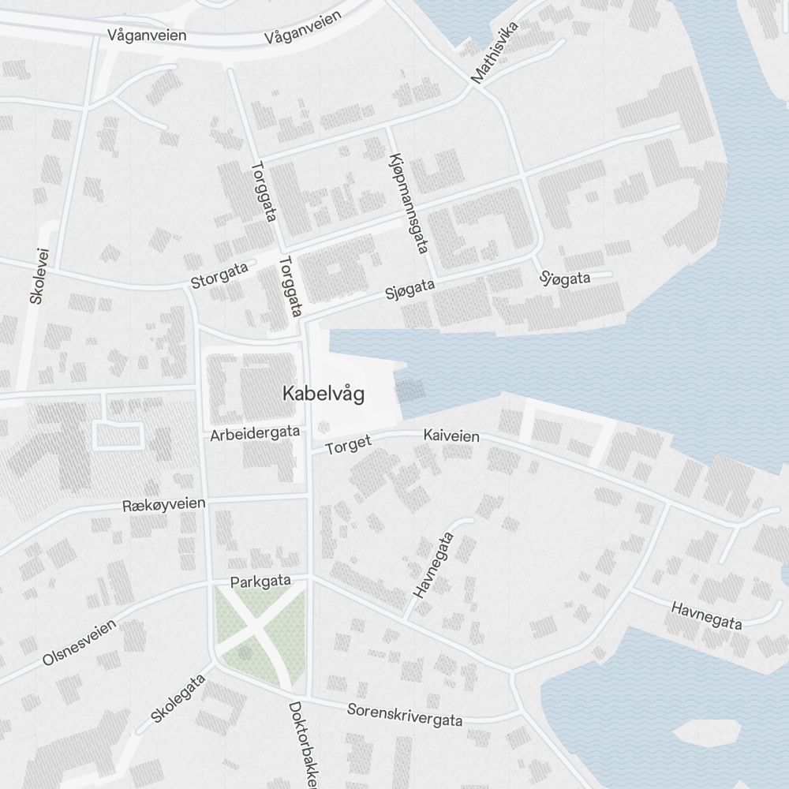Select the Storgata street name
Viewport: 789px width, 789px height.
tap(219, 275)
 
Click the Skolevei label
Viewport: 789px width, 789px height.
tap(39, 275)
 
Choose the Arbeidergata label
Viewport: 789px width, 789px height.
tap(255, 433)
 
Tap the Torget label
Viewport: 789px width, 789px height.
tap(348, 445)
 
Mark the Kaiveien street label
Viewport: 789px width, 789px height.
tap(451, 436)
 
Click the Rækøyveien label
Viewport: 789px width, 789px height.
tap(164, 504)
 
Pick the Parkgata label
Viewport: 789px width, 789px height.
tap(260, 581)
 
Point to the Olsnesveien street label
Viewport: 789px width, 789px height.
tap(79, 642)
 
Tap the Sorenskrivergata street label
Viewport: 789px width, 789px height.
tap(405, 715)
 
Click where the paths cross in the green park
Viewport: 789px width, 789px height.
tap(257, 631)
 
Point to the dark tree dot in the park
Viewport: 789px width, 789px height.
tap(245, 653)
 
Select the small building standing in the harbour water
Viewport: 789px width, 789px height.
tap(409, 390)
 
